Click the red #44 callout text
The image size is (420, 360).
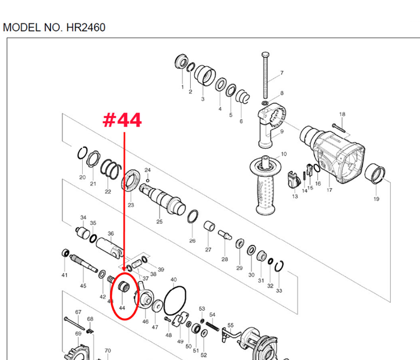point(122,119)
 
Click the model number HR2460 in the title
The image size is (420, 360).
point(84,28)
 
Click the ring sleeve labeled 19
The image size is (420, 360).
point(375,175)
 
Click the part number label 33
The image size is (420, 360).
point(279,291)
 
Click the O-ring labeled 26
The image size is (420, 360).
point(193,217)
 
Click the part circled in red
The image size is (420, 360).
point(124,287)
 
